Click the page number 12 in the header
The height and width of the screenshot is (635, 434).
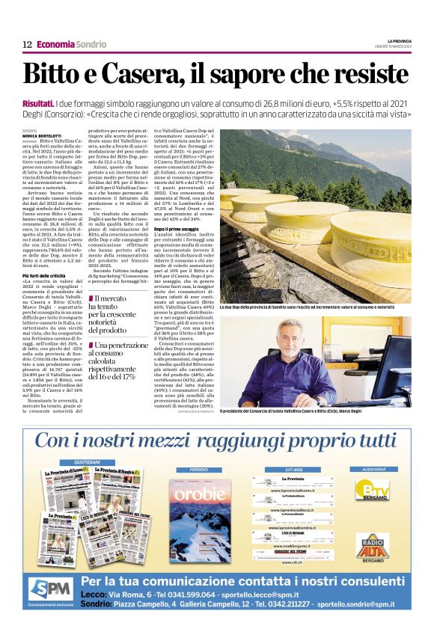click(x=26, y=45)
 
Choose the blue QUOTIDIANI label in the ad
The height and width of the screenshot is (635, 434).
click(x=85, y=463)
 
